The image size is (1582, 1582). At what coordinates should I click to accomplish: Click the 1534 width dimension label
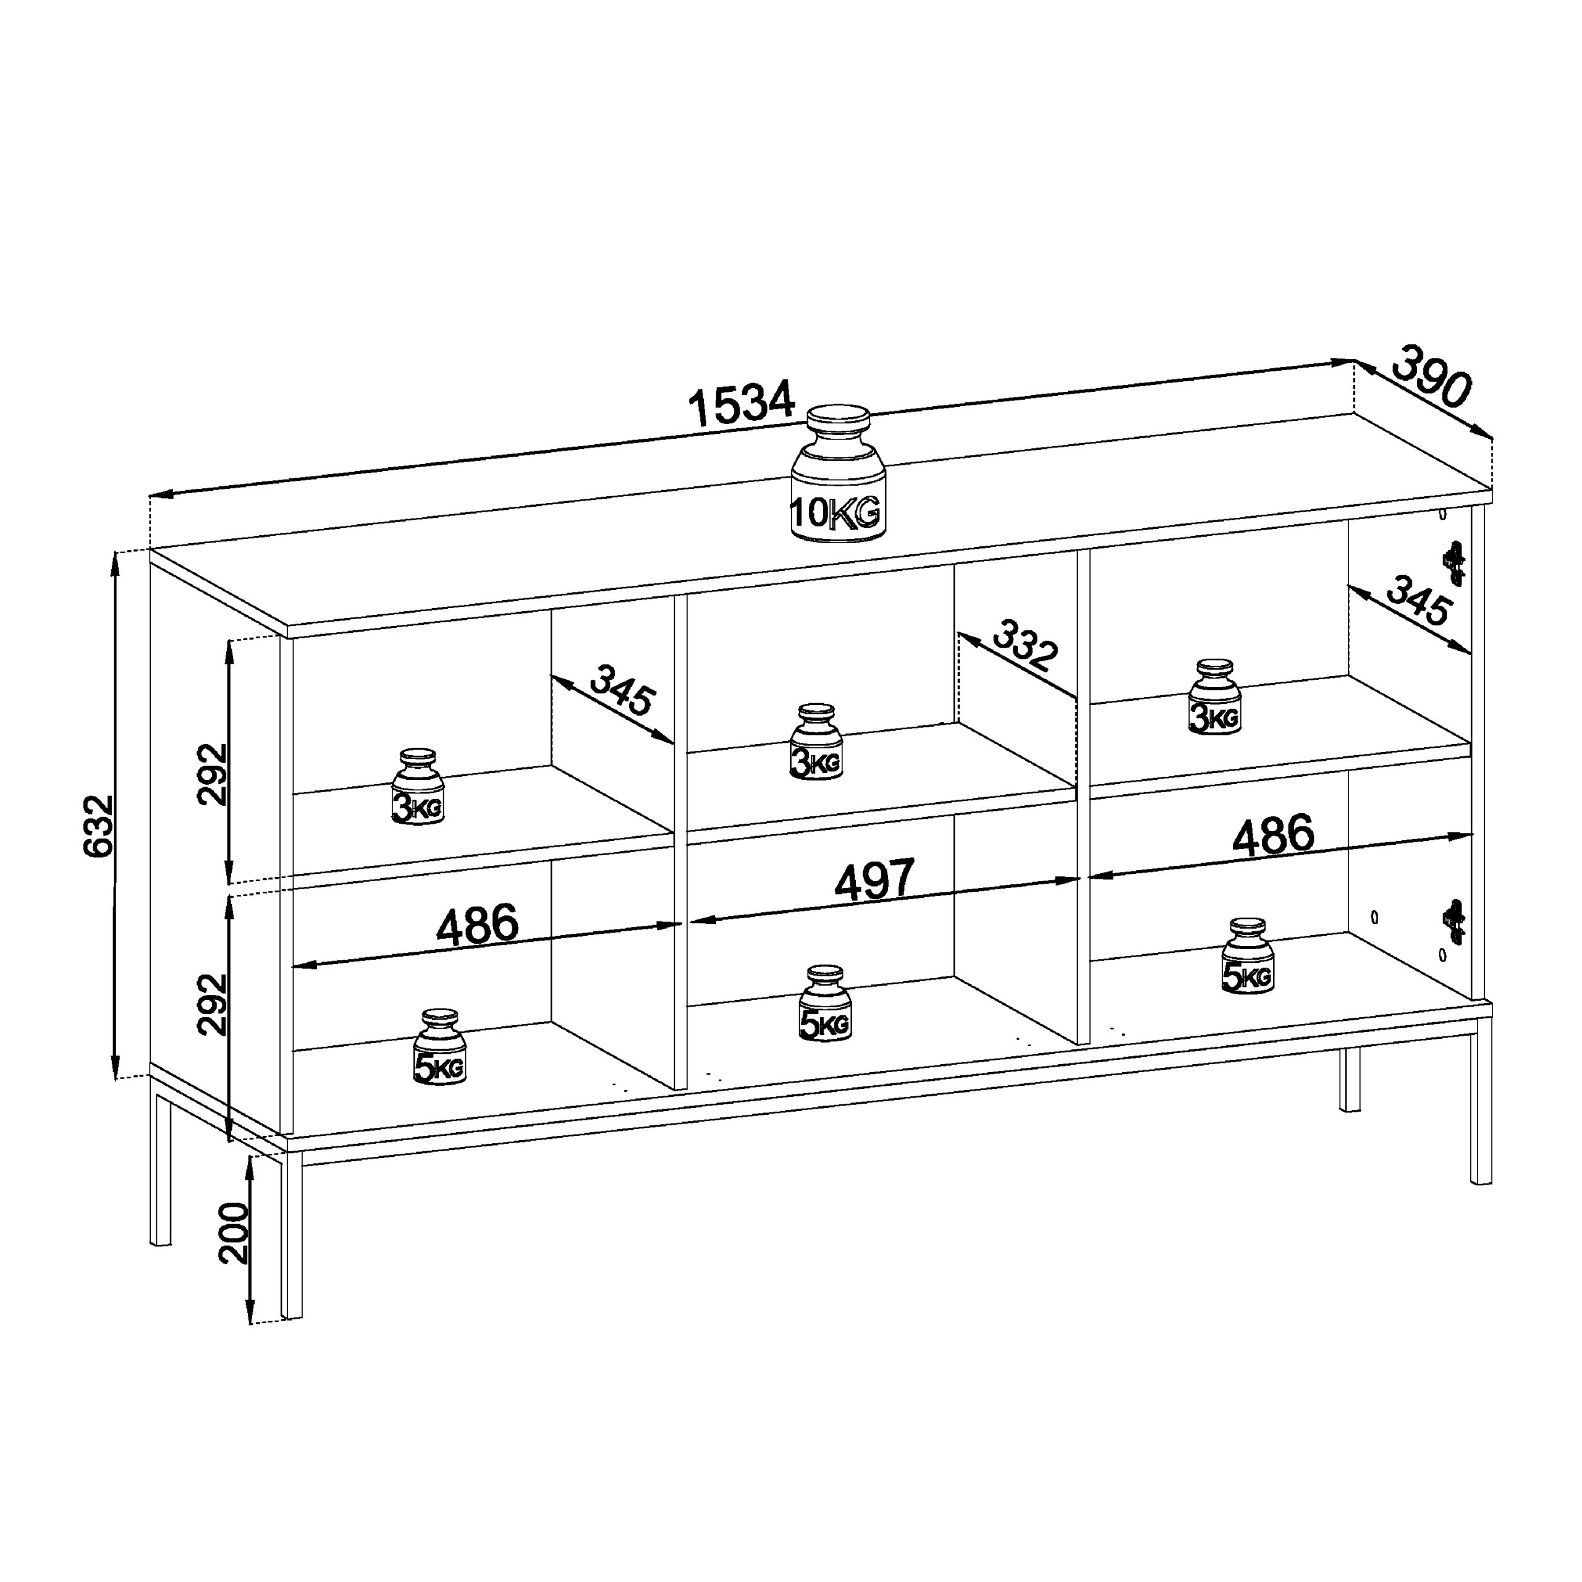(x=742, y=403)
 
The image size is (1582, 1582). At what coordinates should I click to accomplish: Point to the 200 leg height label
(x=234, y=1233)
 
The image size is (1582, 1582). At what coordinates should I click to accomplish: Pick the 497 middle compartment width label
(x=874, y=880)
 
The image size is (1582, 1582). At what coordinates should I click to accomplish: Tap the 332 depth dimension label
(x=1025, y=645)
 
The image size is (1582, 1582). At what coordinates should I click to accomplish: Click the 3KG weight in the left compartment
(x=418, y=786)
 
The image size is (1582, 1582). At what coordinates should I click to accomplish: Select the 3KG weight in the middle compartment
(x=816, y=741)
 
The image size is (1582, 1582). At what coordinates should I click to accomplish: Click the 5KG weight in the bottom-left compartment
(x=440, y=1047)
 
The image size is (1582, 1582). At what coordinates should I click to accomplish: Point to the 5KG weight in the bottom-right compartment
(x=1248, y=955)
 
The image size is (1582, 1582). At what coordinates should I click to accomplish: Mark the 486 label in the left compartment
(x=478, y=924)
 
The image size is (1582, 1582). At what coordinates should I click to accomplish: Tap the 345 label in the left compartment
(x=623, y=690)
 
